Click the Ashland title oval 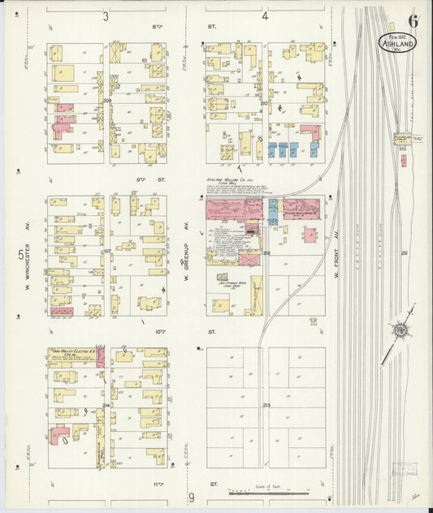pyautogui.click(x=396, y=42)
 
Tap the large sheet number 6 pyautogui.click(x=414, y=20)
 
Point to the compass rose pyautogui.click(x=401, y=330)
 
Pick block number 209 pyautogui.click(x=107, y=101)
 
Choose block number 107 pyautogui.click(x=106, y=252)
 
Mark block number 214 pyautogui.click(x=106, y=404)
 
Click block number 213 pyautogui.click(x=266, y=404)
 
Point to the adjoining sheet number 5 pyautogui.click(x=20, y=255)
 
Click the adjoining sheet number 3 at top pyautogui.click(x=106, y=15)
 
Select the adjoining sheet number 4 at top pyautogui.click(x=265, y=15)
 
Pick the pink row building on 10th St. pyautogui.click(x=62, y=311)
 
